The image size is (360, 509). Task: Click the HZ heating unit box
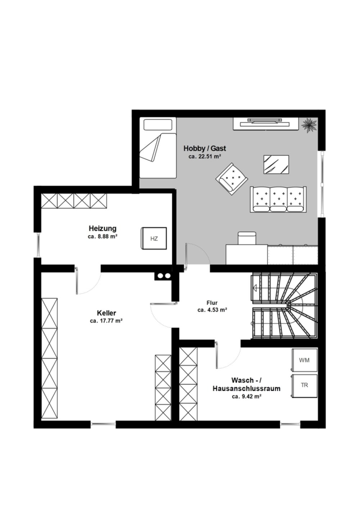154,238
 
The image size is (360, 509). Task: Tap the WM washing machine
304,360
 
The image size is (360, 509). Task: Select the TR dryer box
304,386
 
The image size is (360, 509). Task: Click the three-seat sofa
278,199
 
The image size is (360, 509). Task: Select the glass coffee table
276,165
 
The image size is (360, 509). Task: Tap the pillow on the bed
158,125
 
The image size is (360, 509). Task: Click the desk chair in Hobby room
247,238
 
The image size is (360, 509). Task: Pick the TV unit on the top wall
266,124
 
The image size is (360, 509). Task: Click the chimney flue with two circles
164,276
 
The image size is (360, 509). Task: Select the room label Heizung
103,228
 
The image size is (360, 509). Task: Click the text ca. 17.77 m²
106,321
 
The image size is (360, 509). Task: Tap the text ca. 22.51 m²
205,157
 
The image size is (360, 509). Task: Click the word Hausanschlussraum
246,388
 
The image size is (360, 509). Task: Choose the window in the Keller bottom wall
103,424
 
